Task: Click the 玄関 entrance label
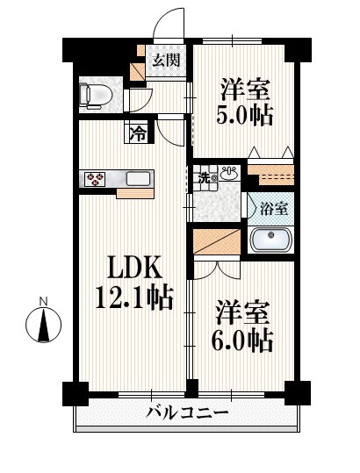tap(166, 60)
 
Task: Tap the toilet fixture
tap(96, 95)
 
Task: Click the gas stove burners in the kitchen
tap(96, 179)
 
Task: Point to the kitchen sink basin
tap(138, 179)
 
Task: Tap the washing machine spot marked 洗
tap(205, 178)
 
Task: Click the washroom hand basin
tap(230, 174)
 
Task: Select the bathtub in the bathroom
tap(271, 240)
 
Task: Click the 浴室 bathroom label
tap(274, 209)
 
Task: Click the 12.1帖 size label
tap(134, 297)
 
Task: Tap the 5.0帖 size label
tap(244, 115)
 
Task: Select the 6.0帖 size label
tap(242, 341)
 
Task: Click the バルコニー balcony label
tap(187, 412)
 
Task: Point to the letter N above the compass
tap(44, 301)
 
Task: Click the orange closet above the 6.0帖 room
tap(217, 241)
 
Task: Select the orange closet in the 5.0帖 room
tap(271, 175)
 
